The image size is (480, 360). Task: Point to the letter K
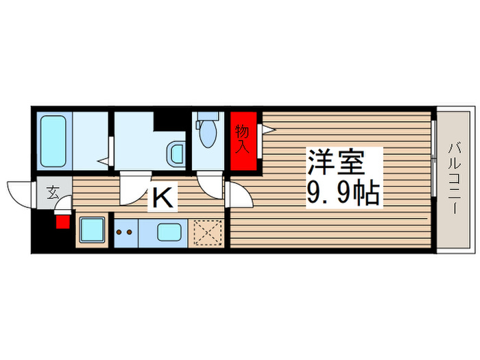[x=163, y=198]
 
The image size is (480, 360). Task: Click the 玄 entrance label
[x=53, y=192]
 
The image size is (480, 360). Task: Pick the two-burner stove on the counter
[x=125, y=232]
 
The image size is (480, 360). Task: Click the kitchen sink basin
[x=169, y=232]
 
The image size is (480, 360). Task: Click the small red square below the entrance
[x=62, y=221]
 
